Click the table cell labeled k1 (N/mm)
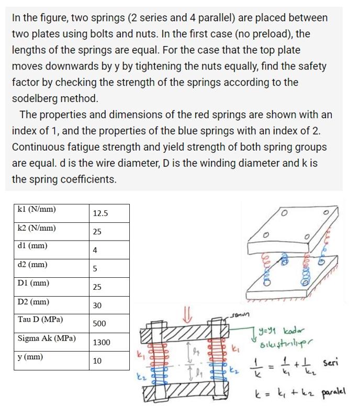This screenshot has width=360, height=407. [x=37, y=210]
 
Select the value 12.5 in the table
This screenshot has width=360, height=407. [x=100, y=213]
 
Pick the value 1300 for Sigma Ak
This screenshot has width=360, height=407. [x=102, y=343]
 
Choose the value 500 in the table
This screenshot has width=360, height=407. [x=99, y=324]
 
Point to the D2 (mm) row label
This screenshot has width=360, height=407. [x=33, y=302]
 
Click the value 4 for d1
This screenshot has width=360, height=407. [x=95, y=251]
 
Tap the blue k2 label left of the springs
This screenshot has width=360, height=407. [x=140, y=376]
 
